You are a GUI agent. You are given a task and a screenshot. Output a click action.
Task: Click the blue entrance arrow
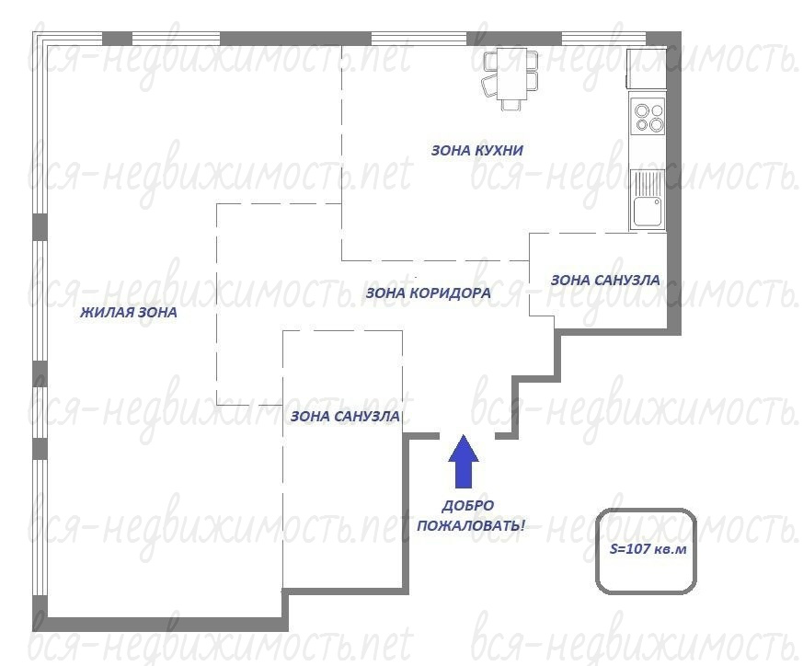[464, 461]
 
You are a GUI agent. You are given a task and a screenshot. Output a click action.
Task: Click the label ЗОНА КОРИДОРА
[428, 293]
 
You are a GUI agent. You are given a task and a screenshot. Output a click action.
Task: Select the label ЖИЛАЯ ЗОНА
[129, 313]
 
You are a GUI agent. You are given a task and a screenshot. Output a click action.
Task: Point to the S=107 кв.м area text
[648, 548]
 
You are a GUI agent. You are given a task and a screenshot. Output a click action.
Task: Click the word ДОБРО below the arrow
[468, 506]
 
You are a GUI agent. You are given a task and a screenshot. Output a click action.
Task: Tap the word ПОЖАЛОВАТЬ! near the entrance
[471, 525]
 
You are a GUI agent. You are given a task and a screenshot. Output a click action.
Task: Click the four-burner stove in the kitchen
[648, 116]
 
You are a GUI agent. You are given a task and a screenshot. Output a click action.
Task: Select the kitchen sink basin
[648, 212]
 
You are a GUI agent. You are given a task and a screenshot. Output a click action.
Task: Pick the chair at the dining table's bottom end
[511, 105]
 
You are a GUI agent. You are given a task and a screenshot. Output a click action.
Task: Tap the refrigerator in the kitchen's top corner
[647, 69]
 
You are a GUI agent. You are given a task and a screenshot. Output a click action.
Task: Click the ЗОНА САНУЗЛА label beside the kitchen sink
[605, 281]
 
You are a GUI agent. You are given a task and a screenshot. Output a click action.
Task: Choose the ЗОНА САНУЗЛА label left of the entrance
[345, 417]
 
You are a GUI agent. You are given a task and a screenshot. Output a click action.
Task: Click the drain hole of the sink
[656, 202]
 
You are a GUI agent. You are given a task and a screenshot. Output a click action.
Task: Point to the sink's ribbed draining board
[648, 183]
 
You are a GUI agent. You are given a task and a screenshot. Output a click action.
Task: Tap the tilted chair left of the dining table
[490, 86]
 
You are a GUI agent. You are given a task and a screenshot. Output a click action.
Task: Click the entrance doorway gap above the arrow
[467, 436]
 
